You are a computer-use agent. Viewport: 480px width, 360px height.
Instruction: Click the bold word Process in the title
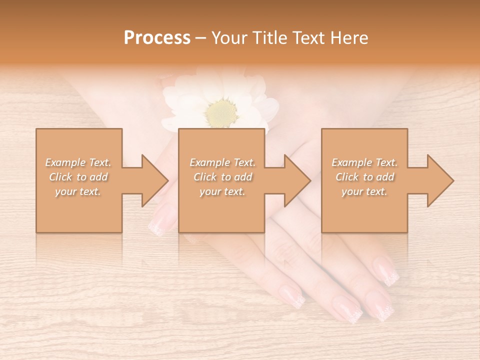[x=157, y=38]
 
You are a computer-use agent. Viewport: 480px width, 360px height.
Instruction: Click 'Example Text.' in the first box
[x=78, y=162]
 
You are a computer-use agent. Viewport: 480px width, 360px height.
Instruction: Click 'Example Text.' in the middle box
[x=222, y=162]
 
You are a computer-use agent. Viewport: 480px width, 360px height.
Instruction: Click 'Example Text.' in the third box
[x=364, y=162]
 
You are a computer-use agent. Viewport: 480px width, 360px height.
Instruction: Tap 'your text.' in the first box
[x=78, y=191]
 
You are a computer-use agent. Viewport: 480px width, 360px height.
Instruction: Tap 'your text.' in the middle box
[x=222, y=191]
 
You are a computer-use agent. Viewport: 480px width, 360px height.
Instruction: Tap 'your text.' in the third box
[x=364, y=191]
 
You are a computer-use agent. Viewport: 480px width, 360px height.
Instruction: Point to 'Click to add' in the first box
[x=78, y=177]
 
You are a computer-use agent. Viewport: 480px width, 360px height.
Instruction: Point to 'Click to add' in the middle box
[x=222, y=177]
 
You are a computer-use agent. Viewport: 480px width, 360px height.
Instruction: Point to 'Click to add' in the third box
[x=364, y=177]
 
